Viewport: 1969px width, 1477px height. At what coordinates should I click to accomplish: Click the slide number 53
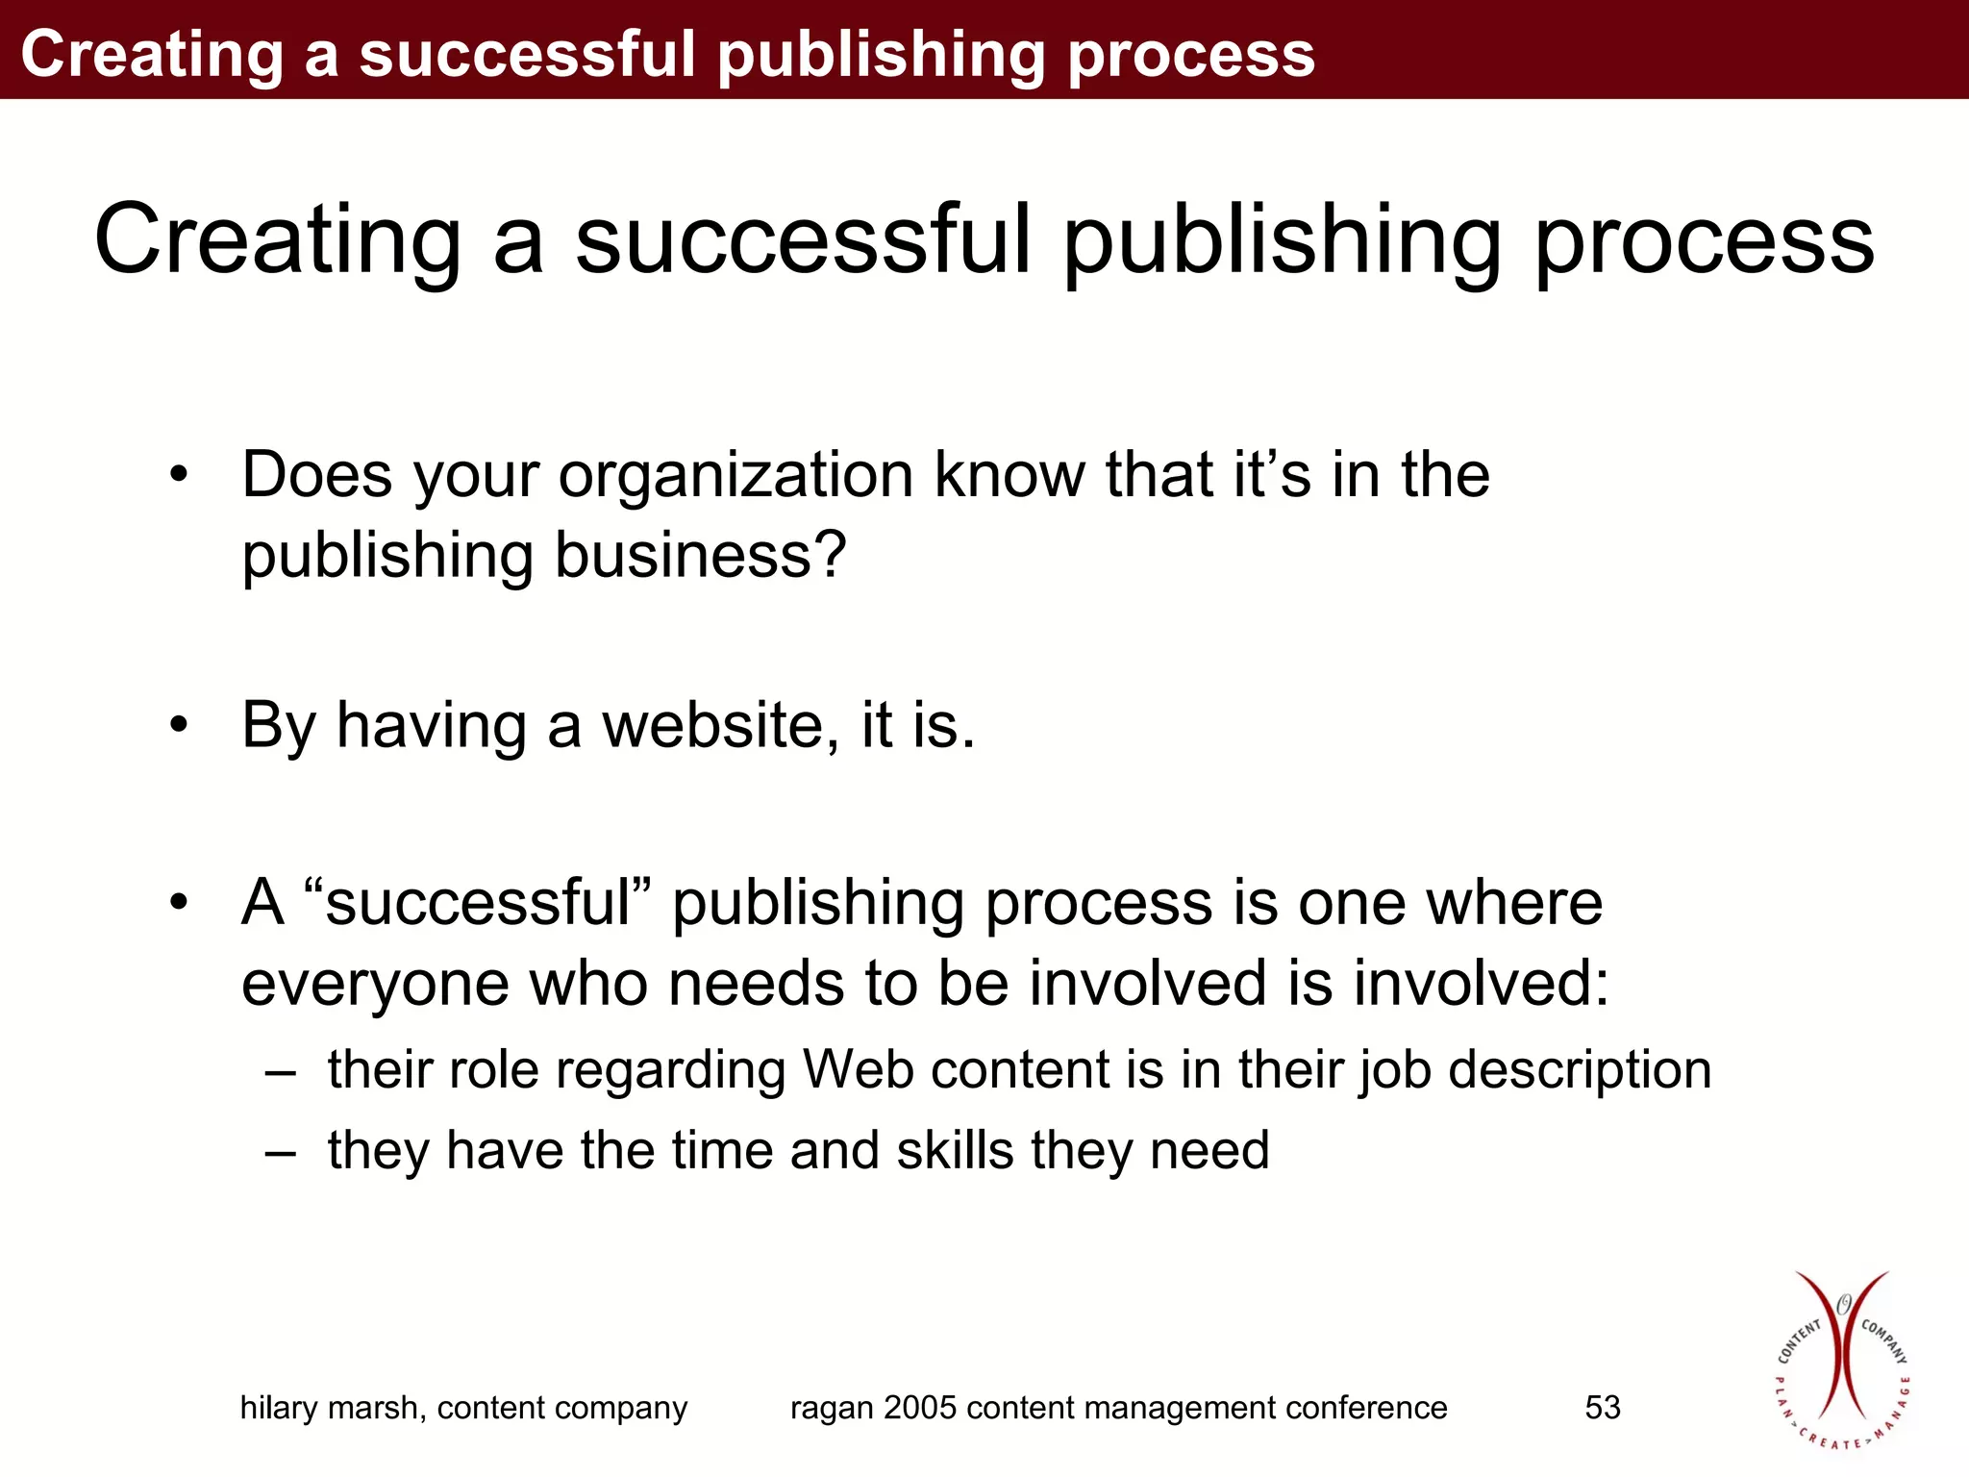[1602, 1408]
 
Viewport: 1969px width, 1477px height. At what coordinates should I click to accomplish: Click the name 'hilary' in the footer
[279, 1408]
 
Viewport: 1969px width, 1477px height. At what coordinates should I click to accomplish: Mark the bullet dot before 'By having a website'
[178, 726]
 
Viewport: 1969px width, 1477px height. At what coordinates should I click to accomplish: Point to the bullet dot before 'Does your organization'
[178, 476]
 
